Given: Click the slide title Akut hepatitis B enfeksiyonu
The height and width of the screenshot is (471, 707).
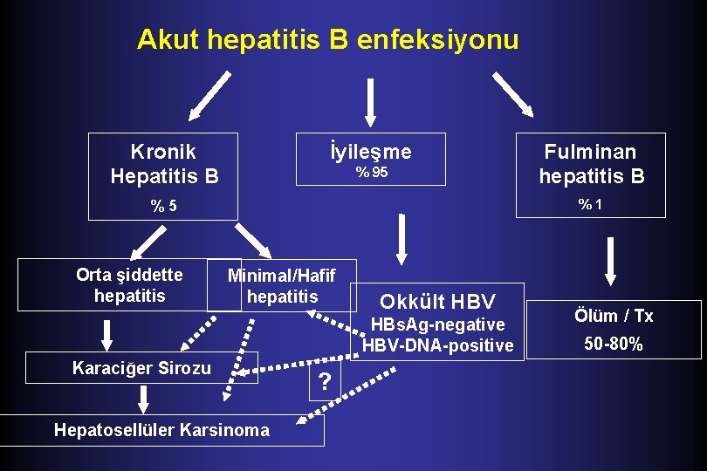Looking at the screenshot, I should point(327,39).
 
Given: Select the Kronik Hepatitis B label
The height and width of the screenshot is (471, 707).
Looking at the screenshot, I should point(163,164).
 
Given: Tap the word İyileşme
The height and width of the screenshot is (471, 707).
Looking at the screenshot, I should point(371,152).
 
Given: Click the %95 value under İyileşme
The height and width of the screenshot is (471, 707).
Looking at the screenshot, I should point(371,173).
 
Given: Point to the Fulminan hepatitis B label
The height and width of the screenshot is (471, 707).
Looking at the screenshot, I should point(591,164).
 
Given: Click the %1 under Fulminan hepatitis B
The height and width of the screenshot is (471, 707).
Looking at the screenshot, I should point(591,204).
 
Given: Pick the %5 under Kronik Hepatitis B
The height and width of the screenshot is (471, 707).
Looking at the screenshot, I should point(163,207).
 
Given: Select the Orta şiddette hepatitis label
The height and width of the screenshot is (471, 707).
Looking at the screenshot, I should point(129,285).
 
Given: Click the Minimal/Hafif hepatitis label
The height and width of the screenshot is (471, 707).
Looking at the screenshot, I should point(282,286).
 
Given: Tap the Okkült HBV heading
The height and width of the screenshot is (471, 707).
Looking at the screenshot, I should point(437,302).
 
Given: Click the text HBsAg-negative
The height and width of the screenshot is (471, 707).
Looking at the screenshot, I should point(437,324).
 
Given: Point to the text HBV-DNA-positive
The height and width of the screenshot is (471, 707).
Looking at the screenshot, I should point(437,345).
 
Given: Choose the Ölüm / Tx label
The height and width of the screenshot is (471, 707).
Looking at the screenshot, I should point(614,316).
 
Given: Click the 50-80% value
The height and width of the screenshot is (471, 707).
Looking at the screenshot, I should point(614,344).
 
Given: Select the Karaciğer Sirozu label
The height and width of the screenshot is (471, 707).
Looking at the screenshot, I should point(141,368).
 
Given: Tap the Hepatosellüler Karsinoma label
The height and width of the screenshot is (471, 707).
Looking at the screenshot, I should point(161,429).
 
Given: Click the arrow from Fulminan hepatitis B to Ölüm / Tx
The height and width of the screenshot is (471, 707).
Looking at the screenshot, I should point(610,262).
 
